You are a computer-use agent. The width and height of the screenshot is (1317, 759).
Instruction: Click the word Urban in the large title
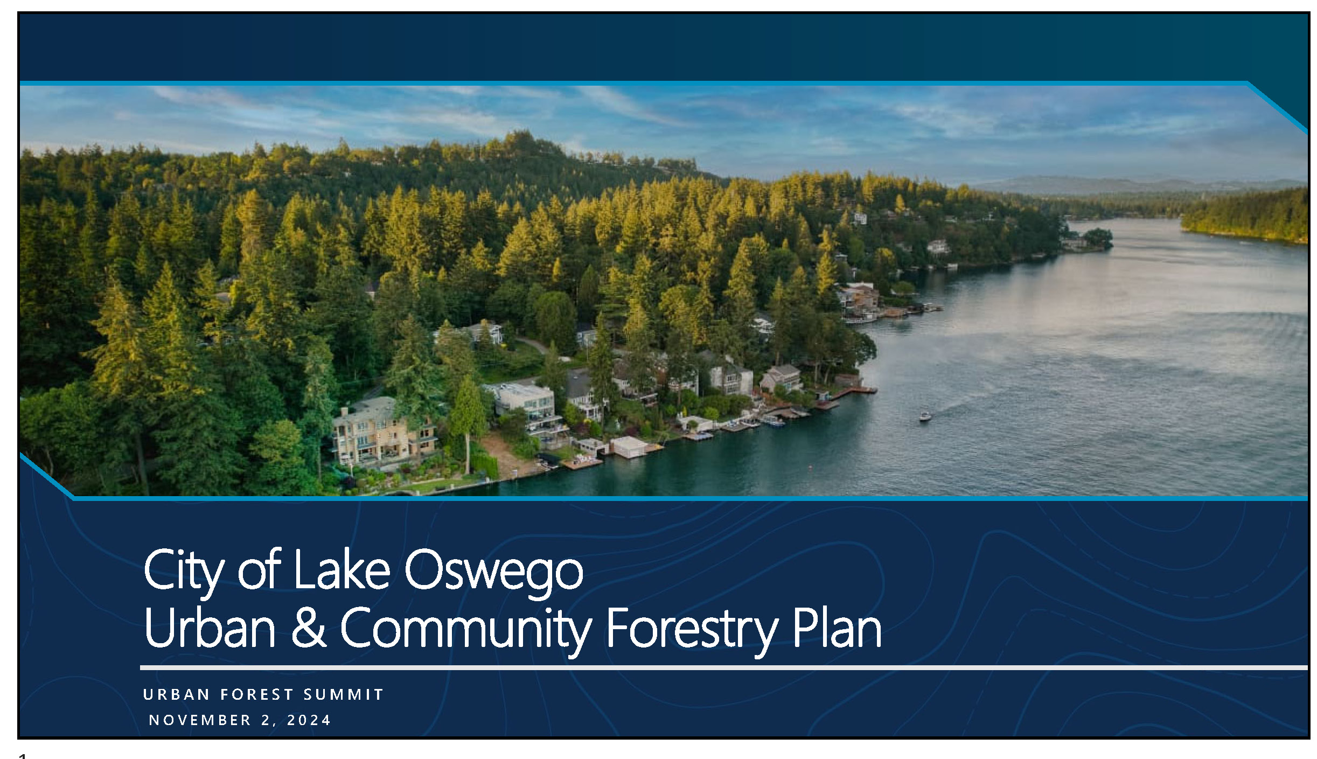210,628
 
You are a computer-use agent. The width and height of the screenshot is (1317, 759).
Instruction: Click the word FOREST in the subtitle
257,694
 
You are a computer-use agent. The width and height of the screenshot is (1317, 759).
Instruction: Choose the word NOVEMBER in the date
200,720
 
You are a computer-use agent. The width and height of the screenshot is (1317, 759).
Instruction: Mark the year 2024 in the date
309,720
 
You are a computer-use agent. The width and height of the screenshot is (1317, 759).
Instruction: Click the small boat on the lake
925,416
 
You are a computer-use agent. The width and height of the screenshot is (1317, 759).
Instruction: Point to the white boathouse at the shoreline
629,447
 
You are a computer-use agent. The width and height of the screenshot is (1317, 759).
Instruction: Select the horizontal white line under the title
724,667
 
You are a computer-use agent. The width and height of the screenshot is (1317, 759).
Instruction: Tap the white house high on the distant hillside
860,218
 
